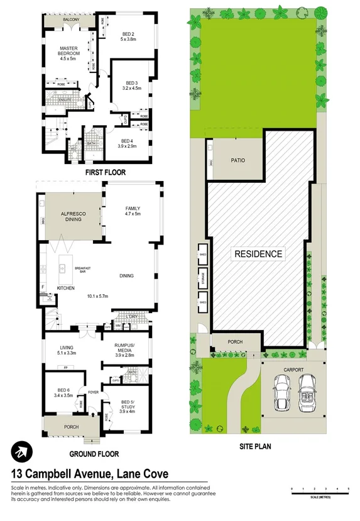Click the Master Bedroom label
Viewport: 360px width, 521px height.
68,51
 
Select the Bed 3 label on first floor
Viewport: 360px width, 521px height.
131,85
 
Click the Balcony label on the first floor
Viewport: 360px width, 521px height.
72,21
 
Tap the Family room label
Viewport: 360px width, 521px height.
133,211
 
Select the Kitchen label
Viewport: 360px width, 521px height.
66,288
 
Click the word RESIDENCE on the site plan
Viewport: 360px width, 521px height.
258,254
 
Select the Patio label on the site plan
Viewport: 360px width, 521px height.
237,160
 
